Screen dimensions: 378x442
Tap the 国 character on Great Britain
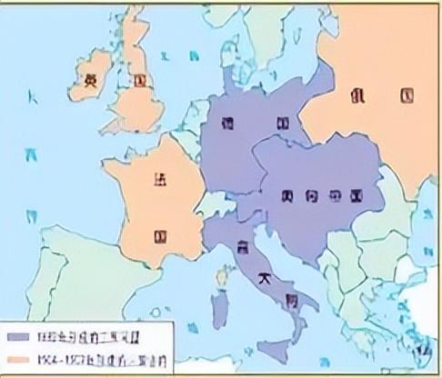click(x=138, y=80)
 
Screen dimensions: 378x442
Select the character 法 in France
click(x=161, y=178)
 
